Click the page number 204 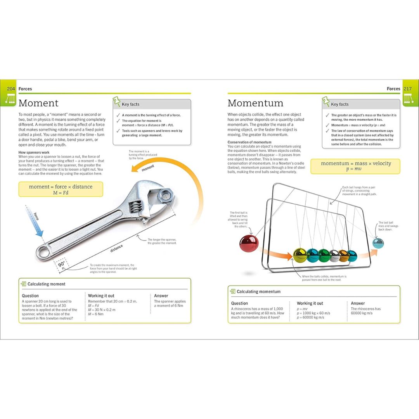(11, 89)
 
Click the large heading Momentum (255, 103)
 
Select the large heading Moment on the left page (38, 103)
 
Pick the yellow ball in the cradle (300, 255)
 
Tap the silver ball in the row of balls (334, 255)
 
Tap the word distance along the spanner (116, 248)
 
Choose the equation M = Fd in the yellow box (61, 193)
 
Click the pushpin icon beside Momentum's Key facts (326, 102)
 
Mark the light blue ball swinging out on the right (378, 243)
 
